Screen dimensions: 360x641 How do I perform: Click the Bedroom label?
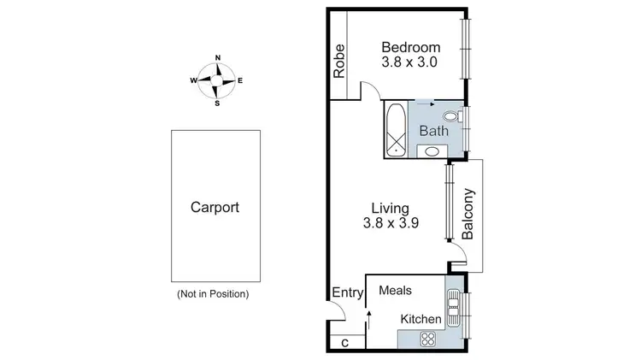(x=411, y=47)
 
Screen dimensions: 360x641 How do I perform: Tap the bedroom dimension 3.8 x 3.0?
(x=411, y=63)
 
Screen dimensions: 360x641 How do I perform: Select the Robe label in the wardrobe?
(x=339, y=61)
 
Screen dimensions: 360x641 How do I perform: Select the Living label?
(x=390, y=208)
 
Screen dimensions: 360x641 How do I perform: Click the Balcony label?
(x=468, y=214)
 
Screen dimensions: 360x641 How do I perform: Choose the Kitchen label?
(x=421, y=319)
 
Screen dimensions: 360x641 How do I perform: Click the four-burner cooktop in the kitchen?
(x=426, y=337)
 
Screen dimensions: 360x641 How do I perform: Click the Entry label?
(x=347, y=293)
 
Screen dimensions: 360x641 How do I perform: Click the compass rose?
(x=217, y=80)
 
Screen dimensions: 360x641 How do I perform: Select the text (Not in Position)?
(x=213, y=294)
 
